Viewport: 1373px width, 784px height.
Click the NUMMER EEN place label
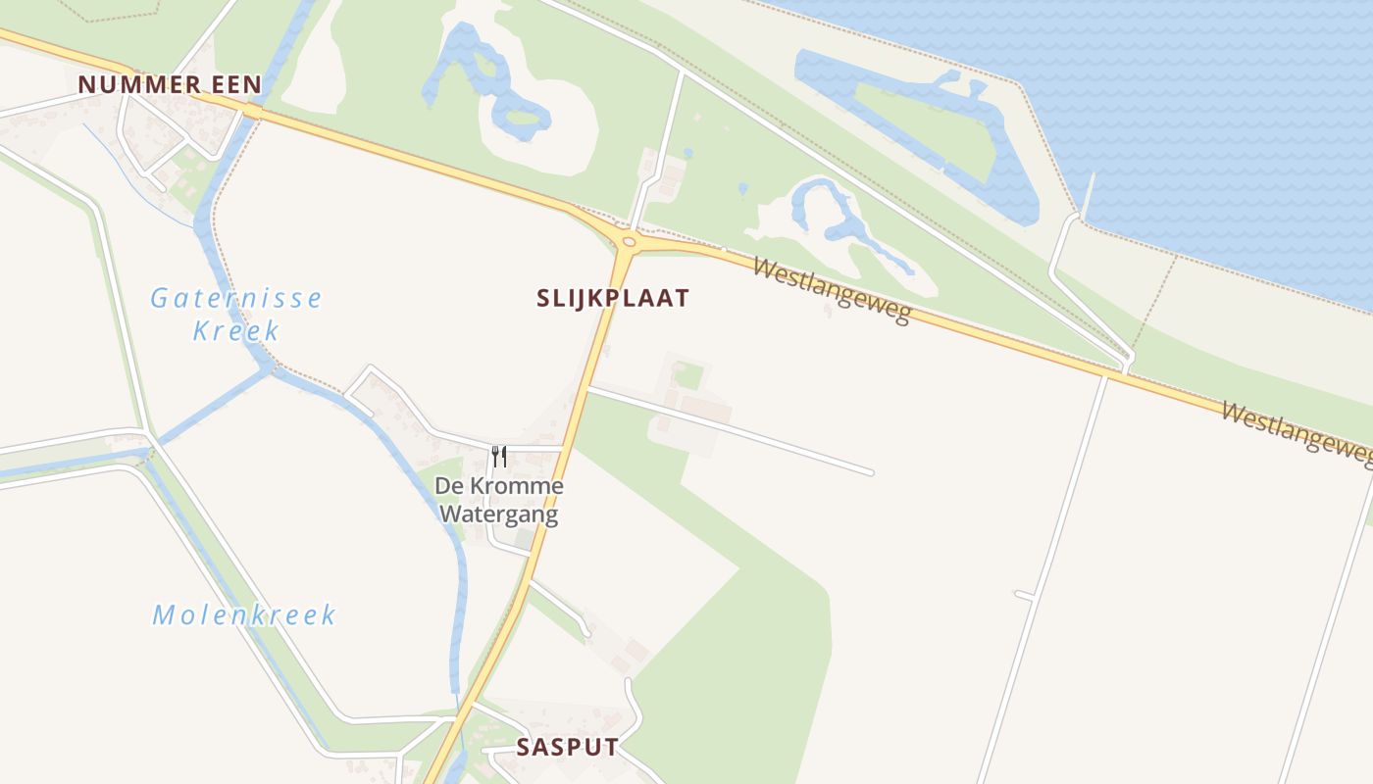point(170,84)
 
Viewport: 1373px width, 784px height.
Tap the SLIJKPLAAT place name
point(613,298)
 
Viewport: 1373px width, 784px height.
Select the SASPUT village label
point(568,747)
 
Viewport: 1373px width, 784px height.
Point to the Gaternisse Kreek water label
point(235,313)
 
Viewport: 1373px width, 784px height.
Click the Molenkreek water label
point(244,615)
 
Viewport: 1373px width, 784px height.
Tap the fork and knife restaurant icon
point(499,456)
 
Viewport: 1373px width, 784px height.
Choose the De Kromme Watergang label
point(499,500)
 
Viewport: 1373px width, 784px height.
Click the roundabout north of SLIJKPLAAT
point(629,241)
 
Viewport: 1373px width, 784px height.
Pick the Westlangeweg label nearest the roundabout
point(832,289)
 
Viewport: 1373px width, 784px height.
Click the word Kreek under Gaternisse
point(236,330)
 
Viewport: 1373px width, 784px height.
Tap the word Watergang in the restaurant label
point(499,514)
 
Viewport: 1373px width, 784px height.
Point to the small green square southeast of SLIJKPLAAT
point(689,375)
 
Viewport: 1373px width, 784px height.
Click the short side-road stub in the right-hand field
point(1024,594)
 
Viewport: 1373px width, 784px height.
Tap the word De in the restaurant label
point(448,486)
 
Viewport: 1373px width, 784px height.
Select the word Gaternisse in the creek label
point(235,298)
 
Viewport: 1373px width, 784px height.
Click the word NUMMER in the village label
point(138,84)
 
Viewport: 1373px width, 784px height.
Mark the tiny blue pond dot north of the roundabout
point(687,153)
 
